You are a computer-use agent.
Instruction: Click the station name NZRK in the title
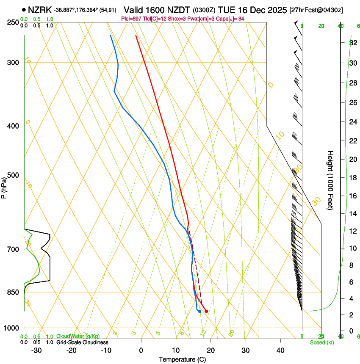point(40,9)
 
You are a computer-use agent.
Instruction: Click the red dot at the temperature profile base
point(206,311)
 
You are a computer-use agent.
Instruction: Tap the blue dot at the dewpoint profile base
point(199,311)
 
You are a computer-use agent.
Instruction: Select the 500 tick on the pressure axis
point(14,175)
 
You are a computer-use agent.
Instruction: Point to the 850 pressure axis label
point(14,292)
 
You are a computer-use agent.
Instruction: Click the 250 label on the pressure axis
point(14,22)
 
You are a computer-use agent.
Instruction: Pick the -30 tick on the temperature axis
point(36,350)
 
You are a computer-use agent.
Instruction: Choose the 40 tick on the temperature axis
point(280,350)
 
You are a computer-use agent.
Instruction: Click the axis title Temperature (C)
point(182,359)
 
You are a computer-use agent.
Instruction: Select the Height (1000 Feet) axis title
point(330,180)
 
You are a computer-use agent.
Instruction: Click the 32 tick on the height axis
point(352,42)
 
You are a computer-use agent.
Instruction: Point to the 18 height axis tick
point(352,177)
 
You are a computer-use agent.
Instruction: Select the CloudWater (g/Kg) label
point(78,336)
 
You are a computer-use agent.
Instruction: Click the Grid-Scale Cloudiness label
point(82,342)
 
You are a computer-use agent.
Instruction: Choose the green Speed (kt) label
point(321,342)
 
